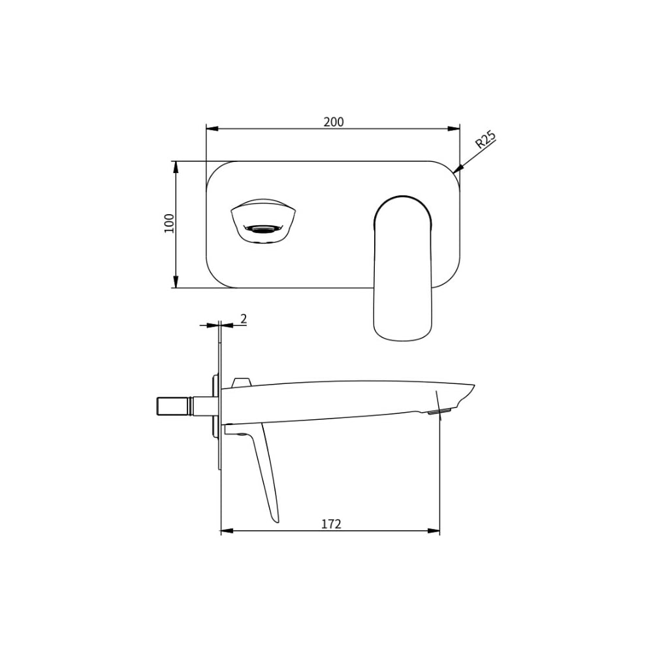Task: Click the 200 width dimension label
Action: tap(334, 121)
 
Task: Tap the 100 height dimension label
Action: tap(170, 223)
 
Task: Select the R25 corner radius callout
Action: tap(486, 140)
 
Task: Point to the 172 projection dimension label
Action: tap(331, 524)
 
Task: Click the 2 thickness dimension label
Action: tap(244, 319)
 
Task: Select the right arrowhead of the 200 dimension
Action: tap(454, 128)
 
